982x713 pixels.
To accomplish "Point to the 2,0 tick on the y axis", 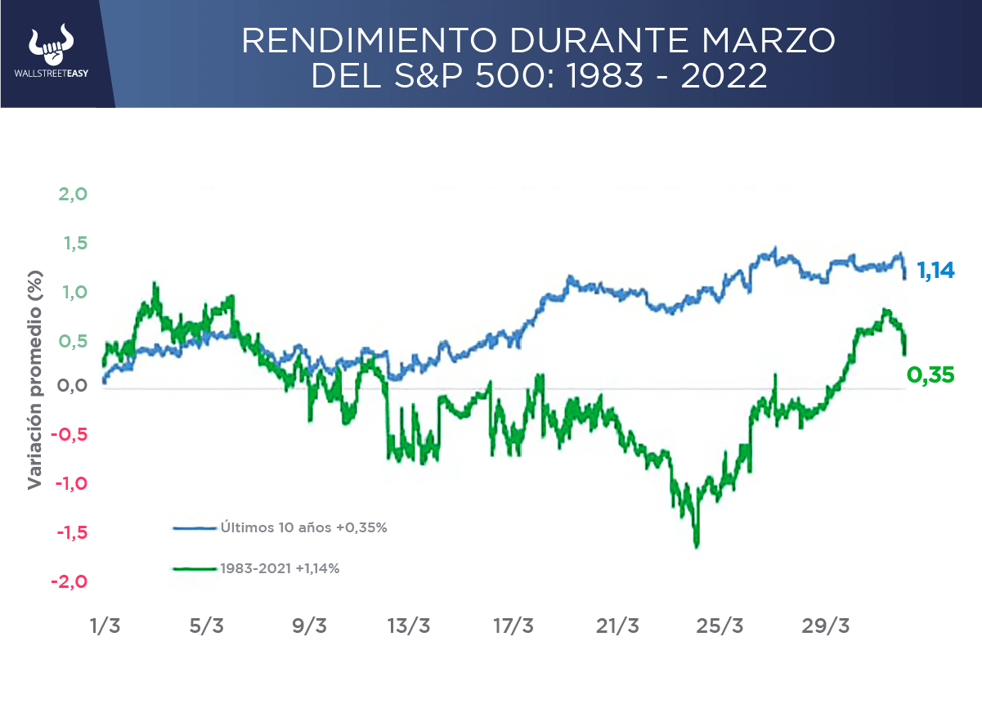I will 72,195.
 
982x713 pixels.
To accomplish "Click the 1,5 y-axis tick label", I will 72,244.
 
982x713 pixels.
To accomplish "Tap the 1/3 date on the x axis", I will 105,626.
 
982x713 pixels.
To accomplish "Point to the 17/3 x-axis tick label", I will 513,626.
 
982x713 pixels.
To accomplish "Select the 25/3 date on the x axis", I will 721,626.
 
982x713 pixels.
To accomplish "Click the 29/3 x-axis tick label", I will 826,626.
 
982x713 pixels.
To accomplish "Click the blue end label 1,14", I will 935,270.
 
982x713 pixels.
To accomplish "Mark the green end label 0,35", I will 931,375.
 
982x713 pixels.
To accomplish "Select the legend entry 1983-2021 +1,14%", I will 279,567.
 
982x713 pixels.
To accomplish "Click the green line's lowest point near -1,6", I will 697,545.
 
